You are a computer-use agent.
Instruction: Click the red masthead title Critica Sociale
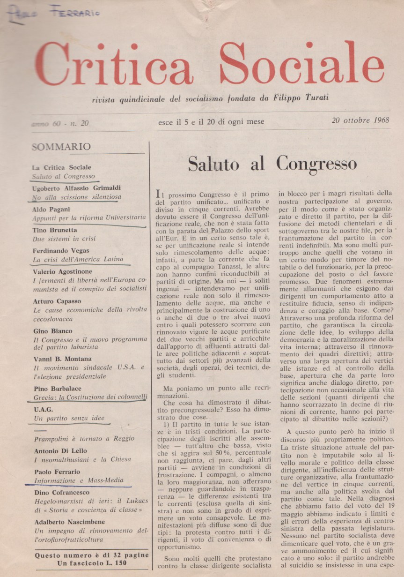209,65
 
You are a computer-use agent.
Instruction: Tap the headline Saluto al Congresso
272,164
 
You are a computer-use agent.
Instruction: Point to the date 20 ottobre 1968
360,120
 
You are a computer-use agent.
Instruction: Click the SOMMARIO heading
61,147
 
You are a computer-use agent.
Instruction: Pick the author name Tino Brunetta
55,230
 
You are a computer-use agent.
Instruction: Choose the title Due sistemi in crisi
64,239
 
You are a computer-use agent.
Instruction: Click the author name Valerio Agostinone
63,271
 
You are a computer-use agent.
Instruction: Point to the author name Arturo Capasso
57,301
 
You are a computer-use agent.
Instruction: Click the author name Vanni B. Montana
63,359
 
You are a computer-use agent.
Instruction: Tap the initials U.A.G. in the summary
43,409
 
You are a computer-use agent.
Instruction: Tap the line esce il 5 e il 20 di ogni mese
211,122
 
